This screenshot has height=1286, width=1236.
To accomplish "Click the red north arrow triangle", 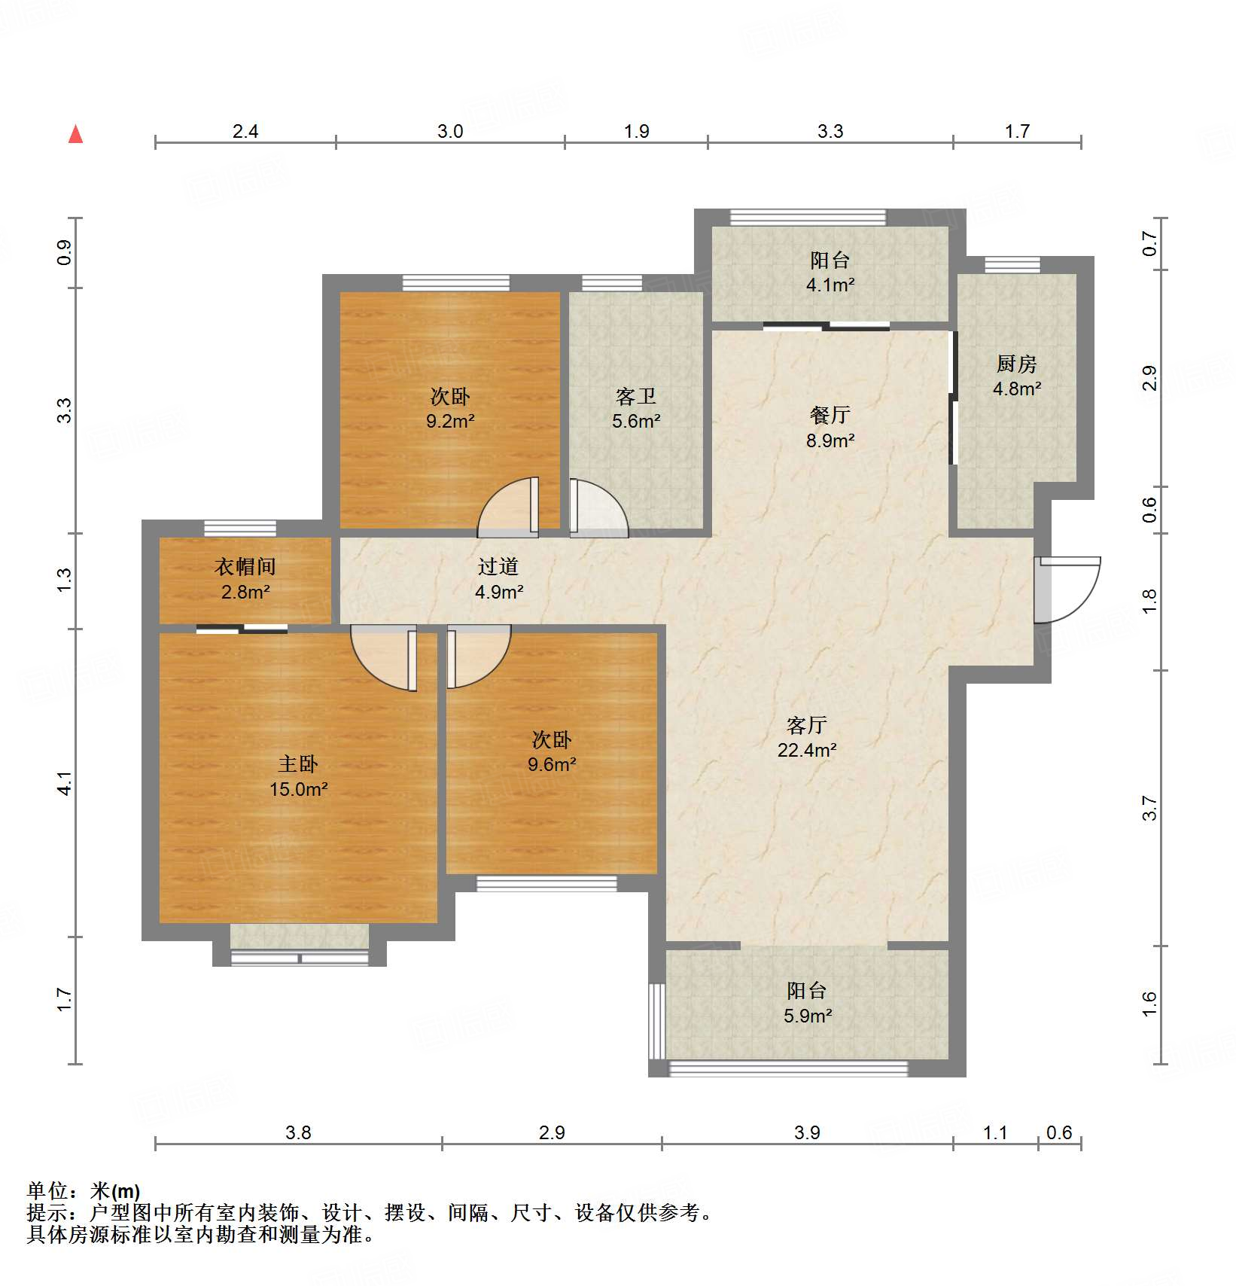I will click(x=75, y=135).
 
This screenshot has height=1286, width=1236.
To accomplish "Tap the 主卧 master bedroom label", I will click(x=298, y=764).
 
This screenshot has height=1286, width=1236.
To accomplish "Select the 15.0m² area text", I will click(x=298, y=789).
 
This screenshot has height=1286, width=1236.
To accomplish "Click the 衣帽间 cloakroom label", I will click(x=245, y=566).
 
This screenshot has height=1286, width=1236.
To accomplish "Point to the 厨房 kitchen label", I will click(x=1016, y=364).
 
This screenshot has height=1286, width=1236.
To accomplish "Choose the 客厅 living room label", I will click(x=806, y=725).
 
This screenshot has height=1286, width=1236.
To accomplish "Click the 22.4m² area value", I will click(x=806, y=750).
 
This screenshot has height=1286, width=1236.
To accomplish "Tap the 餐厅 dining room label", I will click(x=830, y=415).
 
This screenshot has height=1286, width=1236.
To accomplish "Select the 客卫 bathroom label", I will click(x=635, y=396).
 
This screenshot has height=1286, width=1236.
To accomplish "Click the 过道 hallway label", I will click(x=498, y=566).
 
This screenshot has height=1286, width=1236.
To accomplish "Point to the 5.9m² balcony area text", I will click(x=807, y=1016).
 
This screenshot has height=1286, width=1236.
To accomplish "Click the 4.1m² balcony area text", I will click(x=830, y=285).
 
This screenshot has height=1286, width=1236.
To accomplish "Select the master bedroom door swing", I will click(x=382, y=657).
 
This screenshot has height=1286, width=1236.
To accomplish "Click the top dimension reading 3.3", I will click(x=830, y=131).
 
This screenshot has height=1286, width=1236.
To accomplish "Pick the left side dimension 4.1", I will click(x=65, y=783).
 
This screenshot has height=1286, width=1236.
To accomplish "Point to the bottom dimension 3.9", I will click(x=806, y=1132).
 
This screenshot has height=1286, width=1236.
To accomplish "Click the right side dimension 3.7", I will click(x=1149, y=808).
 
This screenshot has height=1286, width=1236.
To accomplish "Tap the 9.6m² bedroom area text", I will click(x=551, y=765).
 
